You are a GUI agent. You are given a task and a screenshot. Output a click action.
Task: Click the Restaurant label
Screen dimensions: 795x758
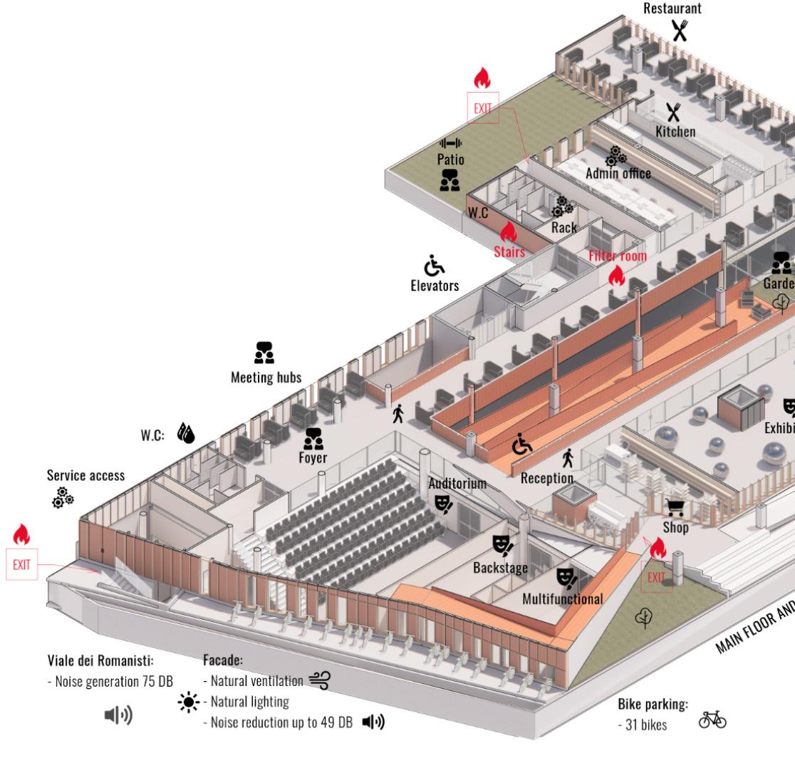(x=672, y=9)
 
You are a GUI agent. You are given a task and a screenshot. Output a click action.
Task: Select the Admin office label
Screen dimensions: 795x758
(x=618, y=173)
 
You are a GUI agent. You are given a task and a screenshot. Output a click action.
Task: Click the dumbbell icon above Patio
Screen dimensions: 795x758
(x=450, y=143)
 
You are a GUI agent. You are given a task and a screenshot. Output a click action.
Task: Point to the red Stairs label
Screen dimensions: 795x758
(x=509, y=251)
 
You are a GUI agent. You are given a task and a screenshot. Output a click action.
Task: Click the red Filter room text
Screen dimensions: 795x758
(x=617, y=256)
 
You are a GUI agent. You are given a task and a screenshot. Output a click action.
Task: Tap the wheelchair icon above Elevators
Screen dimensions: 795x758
(x=434, y=266)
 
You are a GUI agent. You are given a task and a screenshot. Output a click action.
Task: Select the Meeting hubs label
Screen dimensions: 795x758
(x=265, y=377)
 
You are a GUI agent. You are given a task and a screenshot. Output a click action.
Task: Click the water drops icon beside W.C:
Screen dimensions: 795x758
(x=186, y=433)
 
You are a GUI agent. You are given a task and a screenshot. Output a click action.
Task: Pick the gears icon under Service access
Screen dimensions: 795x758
(x=62, y=497)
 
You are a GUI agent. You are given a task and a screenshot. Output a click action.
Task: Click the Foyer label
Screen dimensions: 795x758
(x=313, y=457)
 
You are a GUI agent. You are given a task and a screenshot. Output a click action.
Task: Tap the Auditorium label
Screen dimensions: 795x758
(x=457, y=484)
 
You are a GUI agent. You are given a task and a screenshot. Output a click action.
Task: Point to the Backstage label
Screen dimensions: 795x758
(x=500, y=568)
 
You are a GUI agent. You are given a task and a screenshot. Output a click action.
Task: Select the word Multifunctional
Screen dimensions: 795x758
(x=562, y=598)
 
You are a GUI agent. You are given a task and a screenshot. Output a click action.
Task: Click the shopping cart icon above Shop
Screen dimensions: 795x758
(x=675, y=507)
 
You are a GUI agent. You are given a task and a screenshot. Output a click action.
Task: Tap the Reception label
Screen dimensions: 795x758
(x=547, y=477)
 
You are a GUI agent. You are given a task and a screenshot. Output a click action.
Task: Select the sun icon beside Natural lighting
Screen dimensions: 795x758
(x=188, y=701)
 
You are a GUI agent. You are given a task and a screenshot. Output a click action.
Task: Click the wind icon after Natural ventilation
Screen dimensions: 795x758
(x=319, y=680)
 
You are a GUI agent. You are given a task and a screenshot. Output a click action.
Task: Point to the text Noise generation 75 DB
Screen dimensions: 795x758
(x=110, y=681)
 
